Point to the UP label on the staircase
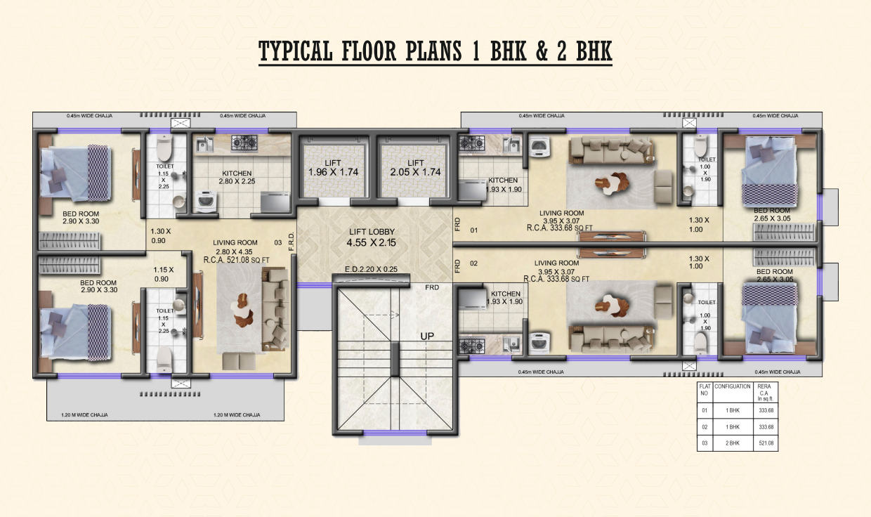pos(426,336)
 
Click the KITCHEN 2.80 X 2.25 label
pos(237,177)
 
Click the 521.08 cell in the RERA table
pos(765,443)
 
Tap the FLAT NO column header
pos(705,391)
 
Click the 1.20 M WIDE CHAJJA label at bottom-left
pos(70,415)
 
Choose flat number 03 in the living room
pos(279,243)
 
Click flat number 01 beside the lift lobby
pos(473,230)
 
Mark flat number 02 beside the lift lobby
pos(473,263)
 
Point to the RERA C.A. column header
pos(765,393)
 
